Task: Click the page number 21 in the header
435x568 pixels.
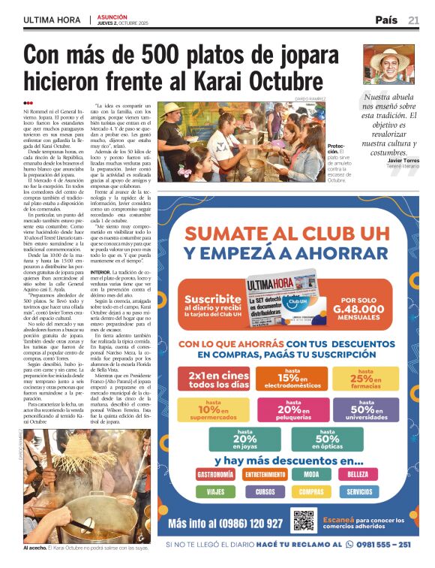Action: click(413, 20)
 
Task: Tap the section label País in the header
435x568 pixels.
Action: click(386, 20)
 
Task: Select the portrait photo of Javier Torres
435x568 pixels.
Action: click(388, 64)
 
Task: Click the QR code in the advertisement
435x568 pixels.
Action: click(304, 520)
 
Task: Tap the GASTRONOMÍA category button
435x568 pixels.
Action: click(215, 474)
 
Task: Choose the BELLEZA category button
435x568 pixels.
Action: click(358, 474)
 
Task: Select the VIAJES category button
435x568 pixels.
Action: click(215, 492)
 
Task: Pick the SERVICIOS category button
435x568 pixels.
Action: click(359, 492)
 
